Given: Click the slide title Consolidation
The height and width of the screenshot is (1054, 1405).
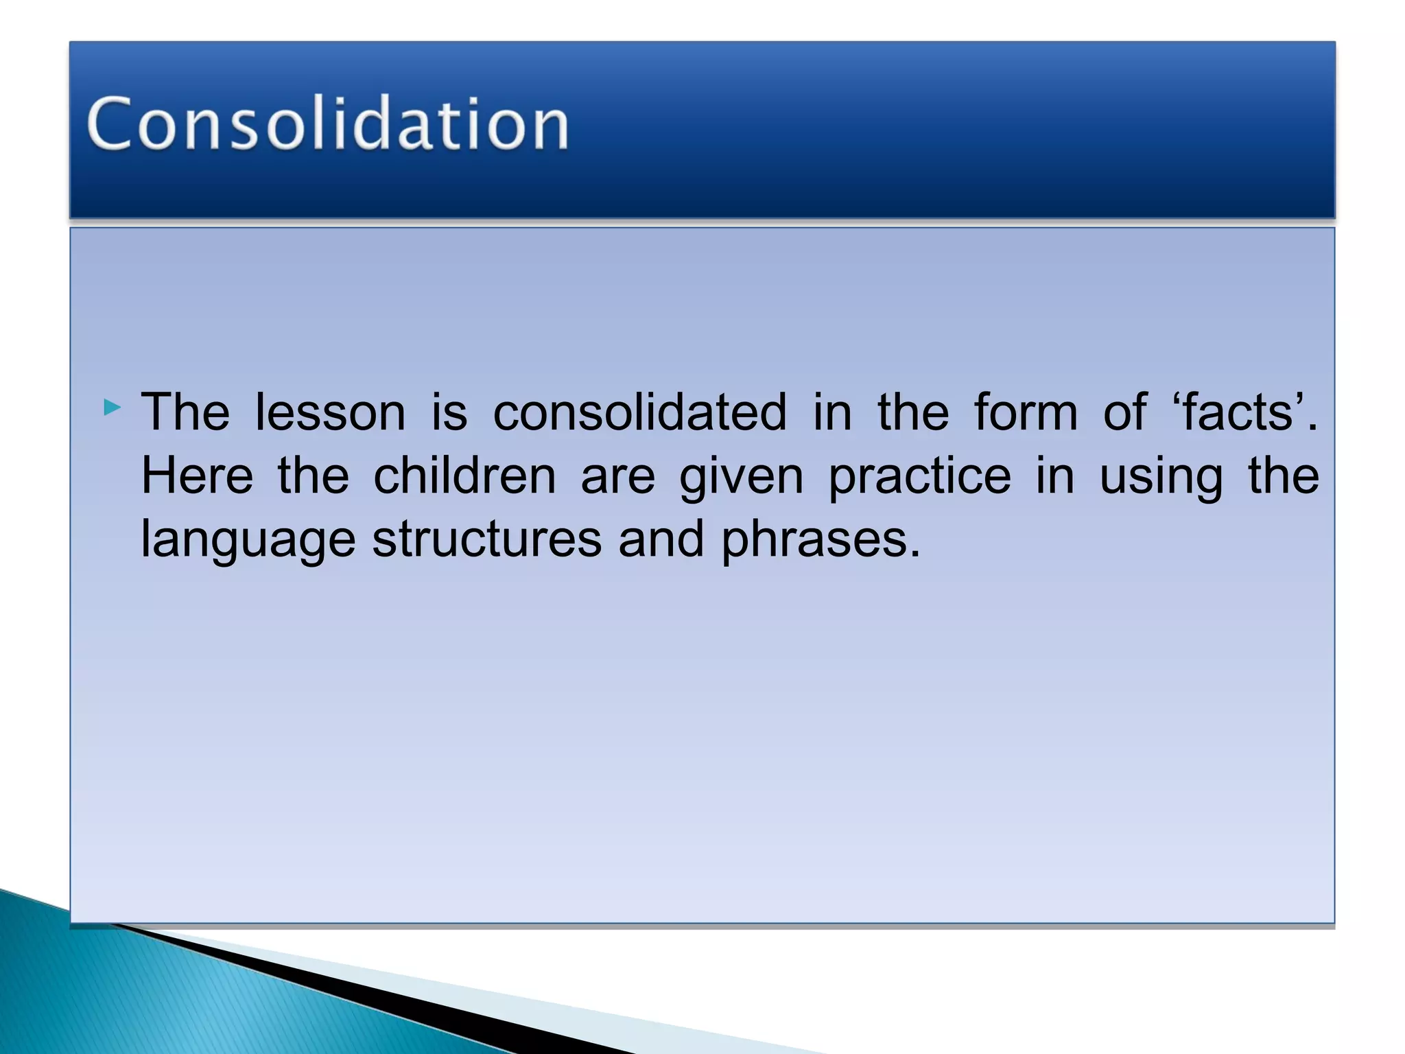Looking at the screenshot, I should pos(328,124).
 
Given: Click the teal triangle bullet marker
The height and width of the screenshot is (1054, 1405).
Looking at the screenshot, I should pos(112,408).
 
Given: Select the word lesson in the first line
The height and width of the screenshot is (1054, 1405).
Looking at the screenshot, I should pos(330,412).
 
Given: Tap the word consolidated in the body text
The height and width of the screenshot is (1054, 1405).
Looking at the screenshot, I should pos(639,412).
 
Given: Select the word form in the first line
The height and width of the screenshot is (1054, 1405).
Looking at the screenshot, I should pos(1026,412).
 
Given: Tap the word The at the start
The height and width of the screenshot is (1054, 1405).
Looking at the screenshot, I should pos(185,412).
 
